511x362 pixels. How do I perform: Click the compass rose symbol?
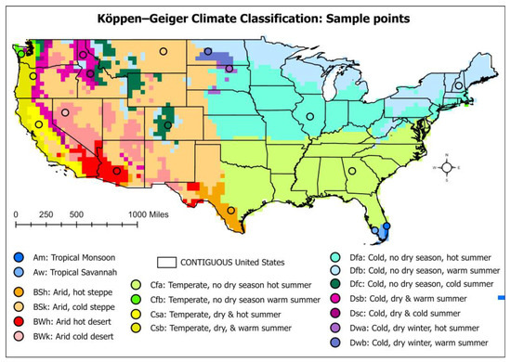coord(447,167)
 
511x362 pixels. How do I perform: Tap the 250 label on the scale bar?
coord(45,213)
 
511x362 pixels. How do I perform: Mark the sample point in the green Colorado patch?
coord(167,124)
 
